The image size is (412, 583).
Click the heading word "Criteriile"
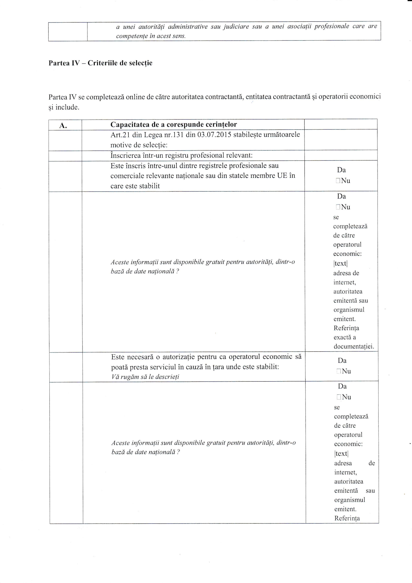[x=103, y=63]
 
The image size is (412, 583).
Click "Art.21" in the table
[x=119, y=135]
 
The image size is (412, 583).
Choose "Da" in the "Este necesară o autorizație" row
[x=342, y=361]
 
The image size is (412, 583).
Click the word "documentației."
[x=354, y=347]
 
